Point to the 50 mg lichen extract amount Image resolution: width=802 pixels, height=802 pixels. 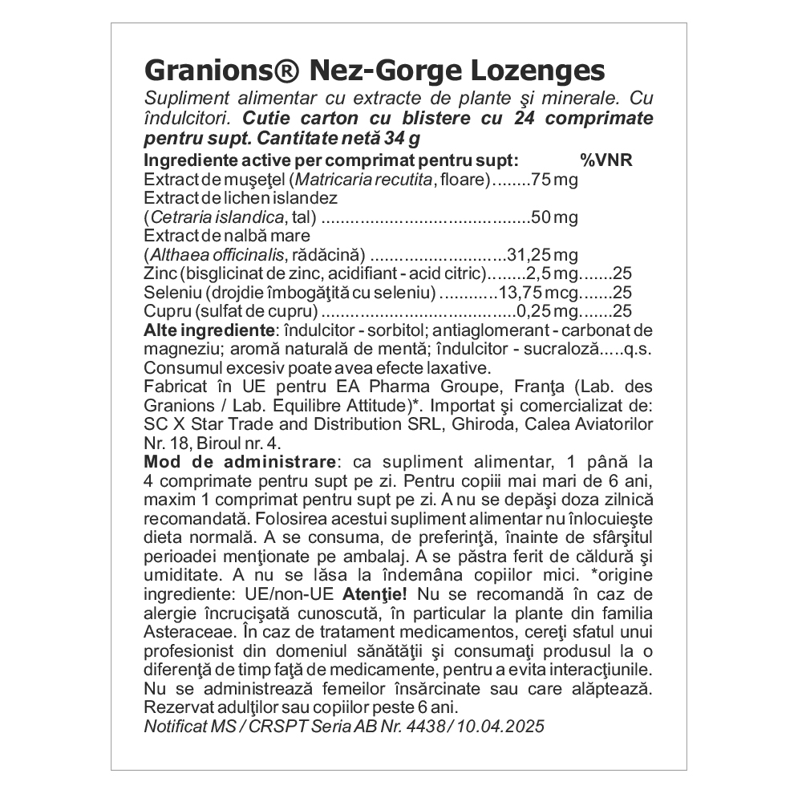555,217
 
